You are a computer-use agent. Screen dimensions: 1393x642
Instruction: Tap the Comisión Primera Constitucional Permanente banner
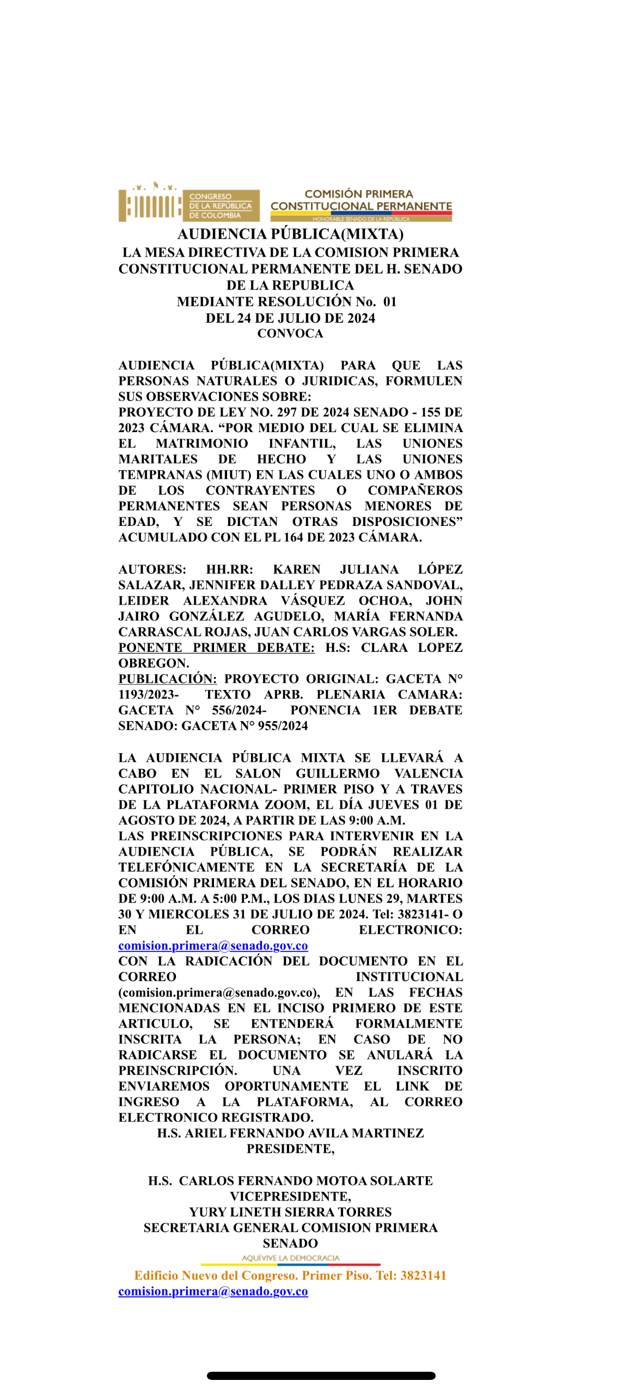[x=361, y=204]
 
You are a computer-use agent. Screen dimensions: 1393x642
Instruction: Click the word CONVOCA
[x=290, y=334]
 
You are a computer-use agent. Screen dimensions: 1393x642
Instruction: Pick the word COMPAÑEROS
[x=415, y=490]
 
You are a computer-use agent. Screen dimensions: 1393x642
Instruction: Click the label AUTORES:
[x=152, y=569]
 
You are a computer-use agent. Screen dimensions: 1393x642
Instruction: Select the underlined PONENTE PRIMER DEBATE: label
[x=216, y=647]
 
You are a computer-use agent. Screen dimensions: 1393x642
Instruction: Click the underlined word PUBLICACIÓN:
[x=167, y=679]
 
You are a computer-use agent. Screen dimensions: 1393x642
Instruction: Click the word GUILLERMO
[x=338, y=773]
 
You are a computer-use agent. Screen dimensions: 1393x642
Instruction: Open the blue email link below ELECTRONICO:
[x=213, y=946]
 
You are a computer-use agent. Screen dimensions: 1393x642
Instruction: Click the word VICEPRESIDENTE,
[x=290, y=1196]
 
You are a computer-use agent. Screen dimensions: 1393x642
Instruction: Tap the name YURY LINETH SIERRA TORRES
[x=290, y=1212]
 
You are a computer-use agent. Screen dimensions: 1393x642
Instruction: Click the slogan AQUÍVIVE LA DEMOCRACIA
[x=290, y=1258]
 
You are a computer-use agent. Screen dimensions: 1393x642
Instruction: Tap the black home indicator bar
[x=321, y=1376]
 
